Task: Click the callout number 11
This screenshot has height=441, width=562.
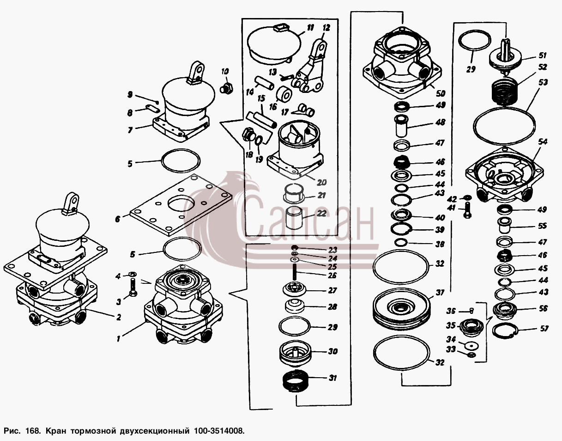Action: click(310, 27)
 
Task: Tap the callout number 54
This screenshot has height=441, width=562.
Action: click(543, 142)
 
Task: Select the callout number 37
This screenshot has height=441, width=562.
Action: click(440, 293)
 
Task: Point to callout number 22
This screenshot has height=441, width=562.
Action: click(321, 213)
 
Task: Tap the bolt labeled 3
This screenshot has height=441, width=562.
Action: click(133, 287)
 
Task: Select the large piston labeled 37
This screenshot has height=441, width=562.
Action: click(401, 309)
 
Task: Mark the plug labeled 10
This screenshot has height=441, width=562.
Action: click(227, 88)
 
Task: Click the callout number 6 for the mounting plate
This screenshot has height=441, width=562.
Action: click(118, 219)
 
